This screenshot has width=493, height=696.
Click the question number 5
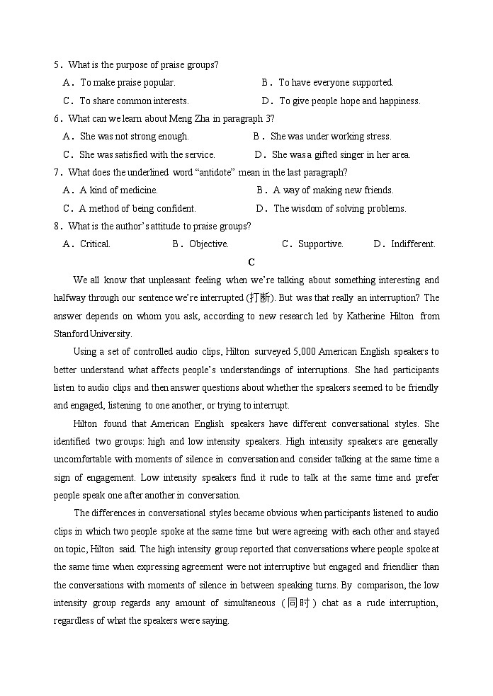[x=57, y=65]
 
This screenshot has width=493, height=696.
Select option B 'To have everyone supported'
[x=335, y=83]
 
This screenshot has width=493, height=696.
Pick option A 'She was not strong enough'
[x=134, y=137]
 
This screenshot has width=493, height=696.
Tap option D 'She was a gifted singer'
[x=340, y=155]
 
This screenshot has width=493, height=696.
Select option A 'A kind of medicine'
[x=118, y=190]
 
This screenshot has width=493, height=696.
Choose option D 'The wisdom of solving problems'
[x=339, y=209]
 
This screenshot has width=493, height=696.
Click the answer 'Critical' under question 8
[x=94, y=244]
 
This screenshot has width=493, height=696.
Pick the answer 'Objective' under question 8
[x=208, y=244]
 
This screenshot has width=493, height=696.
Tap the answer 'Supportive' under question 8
[x=320, y=244]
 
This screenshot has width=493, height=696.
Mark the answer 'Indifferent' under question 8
[x=412, y=244]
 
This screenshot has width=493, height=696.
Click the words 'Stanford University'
[x=92, y=334]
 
